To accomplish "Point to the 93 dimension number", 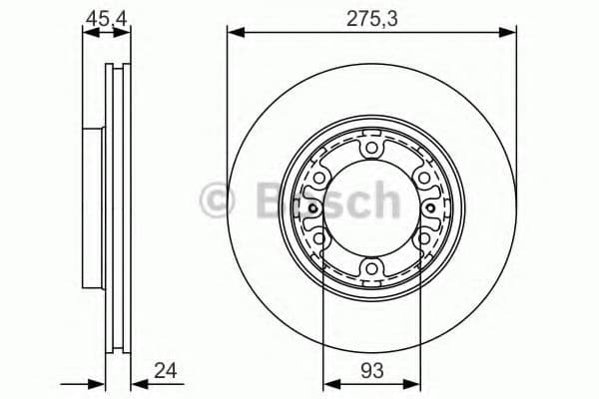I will point(371,371).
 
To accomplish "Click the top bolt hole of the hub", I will point(371,150).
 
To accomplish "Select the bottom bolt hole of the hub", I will point(371,267).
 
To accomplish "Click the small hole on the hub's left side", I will point(313,208).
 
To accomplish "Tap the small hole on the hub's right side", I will point(429,208).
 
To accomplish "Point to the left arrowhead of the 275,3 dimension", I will point(234,33).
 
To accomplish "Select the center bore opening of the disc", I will point(371,208).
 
